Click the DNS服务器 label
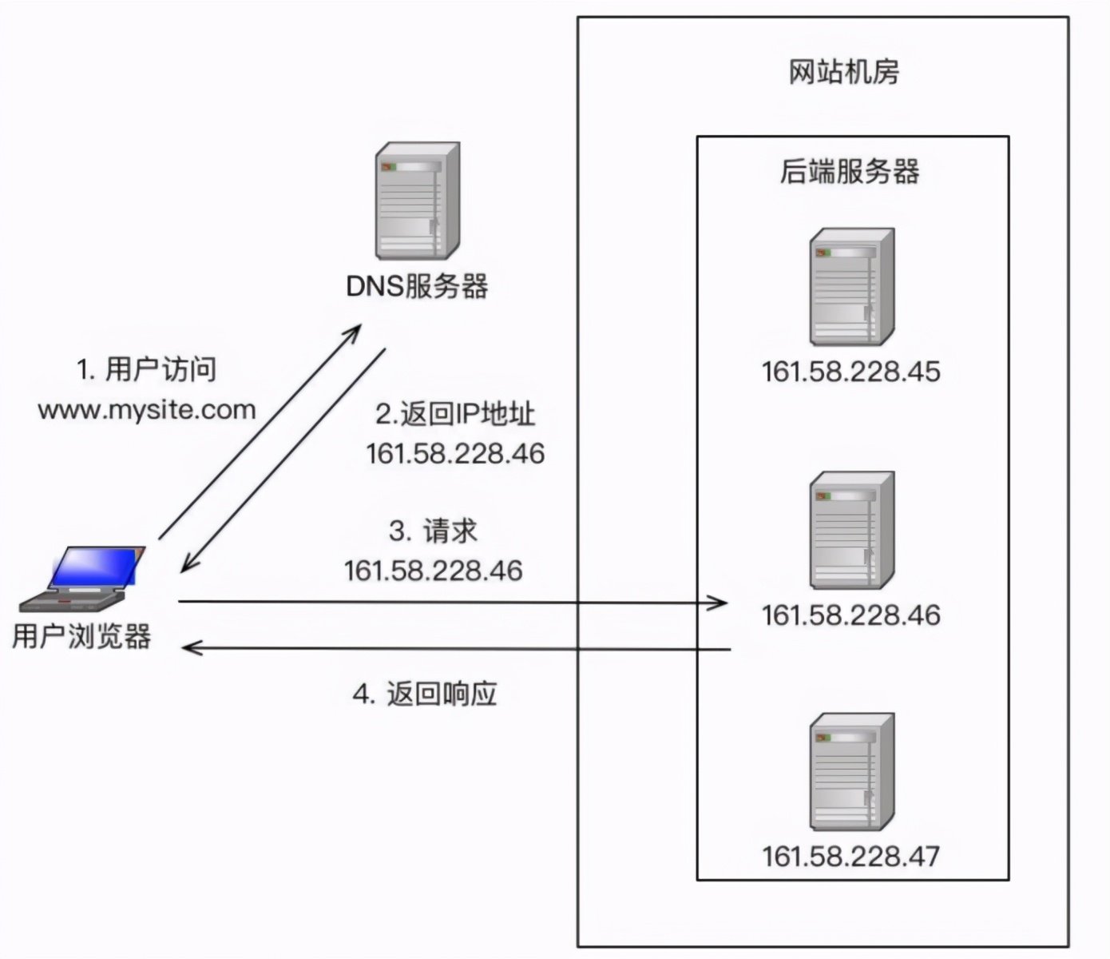pyautogui.click(x=416, y=286)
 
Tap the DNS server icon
pyautogui.click(x=418, y=201)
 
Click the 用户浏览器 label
pyautogui.click(x=81, y=636)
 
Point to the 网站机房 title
pyautogui.click(x=843, y=72)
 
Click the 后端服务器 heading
pyautogui.click(x=850, y=172)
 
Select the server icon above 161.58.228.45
pyautogui.click(x=851, y=287)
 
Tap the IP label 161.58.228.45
pyautogui.click(x=850, y=372)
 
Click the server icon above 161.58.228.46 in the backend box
pyautogui.click(x=851, y=531)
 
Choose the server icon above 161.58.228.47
pyautogui.click(x=851, y=773)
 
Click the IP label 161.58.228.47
pyautogui.click(x=850, y=857)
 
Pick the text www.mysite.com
pyautogui.click(x=147, y=410)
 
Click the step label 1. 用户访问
pyautogui.click(x=146, y=369)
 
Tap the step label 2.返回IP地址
pyautogui.click(x=455, y=414)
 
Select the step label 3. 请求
pyautogui.click(x=433, y=531)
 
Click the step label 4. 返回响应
pyautogui.click(x=425, y=693)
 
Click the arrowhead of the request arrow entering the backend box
pyautogui.click(x=719, y=602)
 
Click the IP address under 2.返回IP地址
pyautogui.click(x=455, y=454)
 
